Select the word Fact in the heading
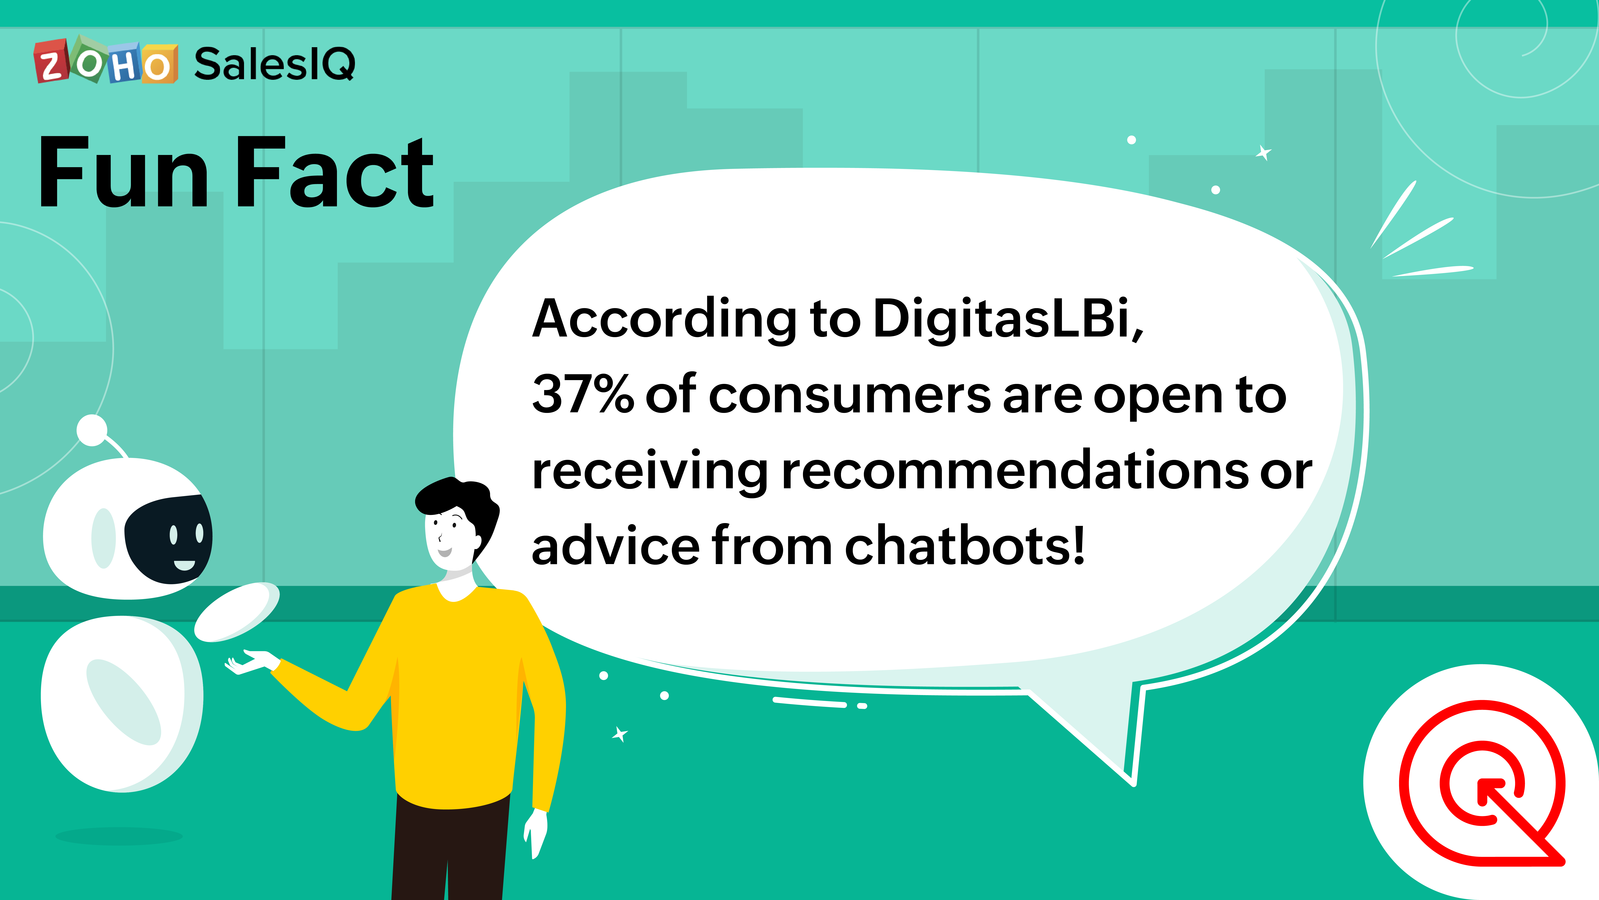(335, 171)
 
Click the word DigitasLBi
(1008, 319)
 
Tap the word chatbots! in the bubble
(965, 545)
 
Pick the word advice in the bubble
(616, 545)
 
